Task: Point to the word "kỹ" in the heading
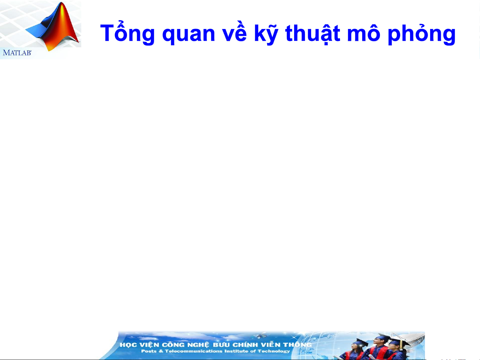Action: click(x=266, y=34)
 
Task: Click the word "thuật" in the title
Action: click(x=313, y=34)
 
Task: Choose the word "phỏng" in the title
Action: click(x=421, y=34)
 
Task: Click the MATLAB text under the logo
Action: click(x=17, y=53)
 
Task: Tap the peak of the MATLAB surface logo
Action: click(x=62, y=3)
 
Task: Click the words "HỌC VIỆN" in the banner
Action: click(x=139, y=345)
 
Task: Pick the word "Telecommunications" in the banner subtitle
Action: click(x=193, y=351)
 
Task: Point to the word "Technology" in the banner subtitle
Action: click(x=274, y=351)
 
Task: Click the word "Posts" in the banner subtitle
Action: click(x=149, y=351)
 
